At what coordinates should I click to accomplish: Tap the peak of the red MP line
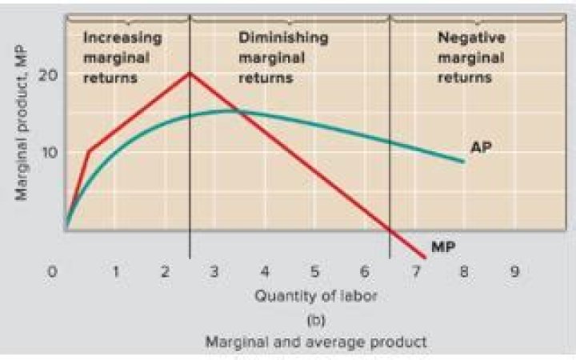190,73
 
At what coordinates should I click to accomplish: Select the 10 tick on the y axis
49,151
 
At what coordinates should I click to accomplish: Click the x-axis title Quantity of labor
316,295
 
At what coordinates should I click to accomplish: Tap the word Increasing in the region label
122,38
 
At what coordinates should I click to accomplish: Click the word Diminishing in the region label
283,38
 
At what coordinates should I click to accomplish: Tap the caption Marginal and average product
316,342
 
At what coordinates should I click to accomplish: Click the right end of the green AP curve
463,162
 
